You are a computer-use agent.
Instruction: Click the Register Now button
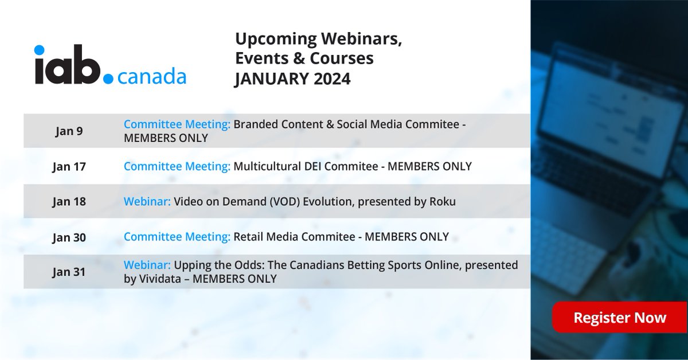(619, 318)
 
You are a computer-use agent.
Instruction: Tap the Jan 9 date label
(69, 131)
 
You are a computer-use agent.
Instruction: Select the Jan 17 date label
(69, 167)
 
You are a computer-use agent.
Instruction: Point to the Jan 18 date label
(69, 202)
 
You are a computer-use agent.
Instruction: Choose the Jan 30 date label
(69, 237)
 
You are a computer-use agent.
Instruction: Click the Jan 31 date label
(69, 272)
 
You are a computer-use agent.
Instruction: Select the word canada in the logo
(151, 76)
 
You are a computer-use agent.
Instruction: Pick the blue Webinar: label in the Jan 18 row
(147, 202)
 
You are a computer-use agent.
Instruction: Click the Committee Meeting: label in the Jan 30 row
(177, 237)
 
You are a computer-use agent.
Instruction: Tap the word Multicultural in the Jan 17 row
(266, 167)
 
